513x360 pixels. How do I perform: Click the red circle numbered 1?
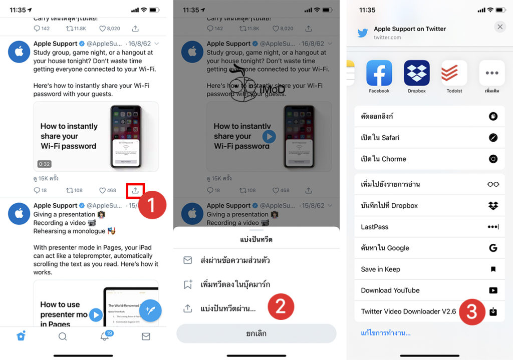point(152,205)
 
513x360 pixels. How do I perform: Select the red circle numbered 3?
point(471,311)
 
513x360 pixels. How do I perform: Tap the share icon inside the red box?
point(135,190)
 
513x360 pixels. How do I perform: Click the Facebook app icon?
point(379,73)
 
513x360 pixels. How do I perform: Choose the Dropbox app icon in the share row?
point(417,73)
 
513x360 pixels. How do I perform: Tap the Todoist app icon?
point(454,73)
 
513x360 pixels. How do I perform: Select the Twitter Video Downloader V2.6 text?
point(408,311)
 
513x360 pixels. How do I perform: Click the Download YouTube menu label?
point(390,290)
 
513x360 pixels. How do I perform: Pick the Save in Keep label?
point(380,269)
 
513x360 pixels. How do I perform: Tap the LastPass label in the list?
point(375,227)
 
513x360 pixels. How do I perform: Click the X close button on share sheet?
point(500,27)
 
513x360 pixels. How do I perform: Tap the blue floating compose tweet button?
point(150,310)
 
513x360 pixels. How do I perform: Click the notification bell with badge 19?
point(105,336)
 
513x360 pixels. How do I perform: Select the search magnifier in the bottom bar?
point(63,336)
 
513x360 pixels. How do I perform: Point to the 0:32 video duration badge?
point(45,164)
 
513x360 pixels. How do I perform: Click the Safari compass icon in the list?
point(493,138)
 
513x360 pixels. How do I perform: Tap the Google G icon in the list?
point(493,248)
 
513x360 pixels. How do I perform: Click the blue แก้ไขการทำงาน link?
point(386,333)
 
